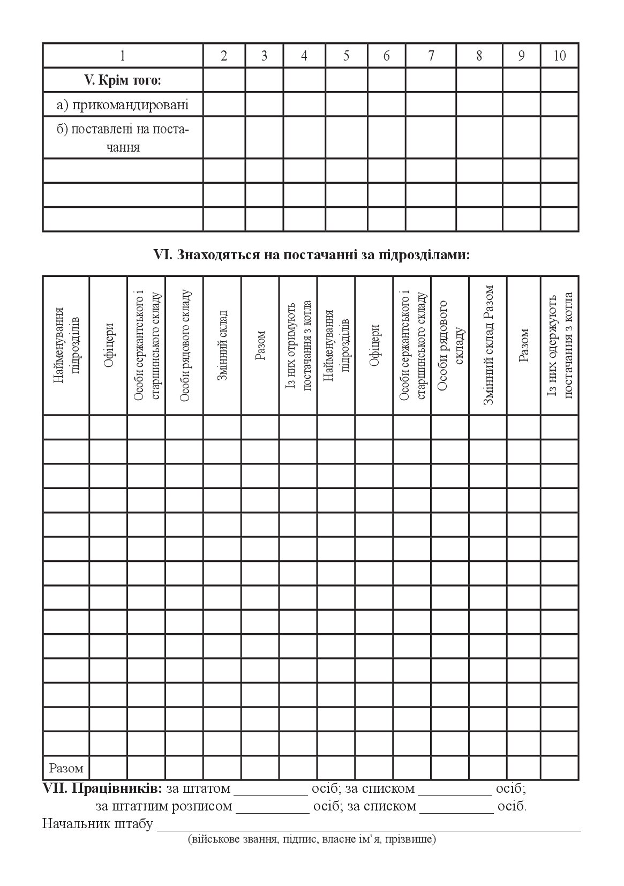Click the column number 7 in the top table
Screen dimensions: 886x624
[431, 56]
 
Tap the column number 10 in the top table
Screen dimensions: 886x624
[559, 56]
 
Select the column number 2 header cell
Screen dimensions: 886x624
[224, 56]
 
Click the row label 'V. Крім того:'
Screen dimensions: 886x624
[123, 80]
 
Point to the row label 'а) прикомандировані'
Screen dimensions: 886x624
[123, 104]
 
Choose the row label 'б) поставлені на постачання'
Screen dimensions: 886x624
[123, 138]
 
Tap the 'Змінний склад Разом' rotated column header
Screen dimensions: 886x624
[488, 345]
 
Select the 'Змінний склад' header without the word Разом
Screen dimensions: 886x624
[222, 345]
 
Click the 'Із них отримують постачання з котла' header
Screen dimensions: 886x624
[298, 345]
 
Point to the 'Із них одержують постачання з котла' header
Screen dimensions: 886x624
[560, 345]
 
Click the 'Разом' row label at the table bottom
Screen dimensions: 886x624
[66, 768]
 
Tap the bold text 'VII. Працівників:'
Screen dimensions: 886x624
[102, 789]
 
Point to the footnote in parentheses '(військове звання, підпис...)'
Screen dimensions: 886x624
[312, 839]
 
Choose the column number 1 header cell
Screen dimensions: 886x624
[123, 56]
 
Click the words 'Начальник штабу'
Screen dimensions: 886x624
[97, 824]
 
